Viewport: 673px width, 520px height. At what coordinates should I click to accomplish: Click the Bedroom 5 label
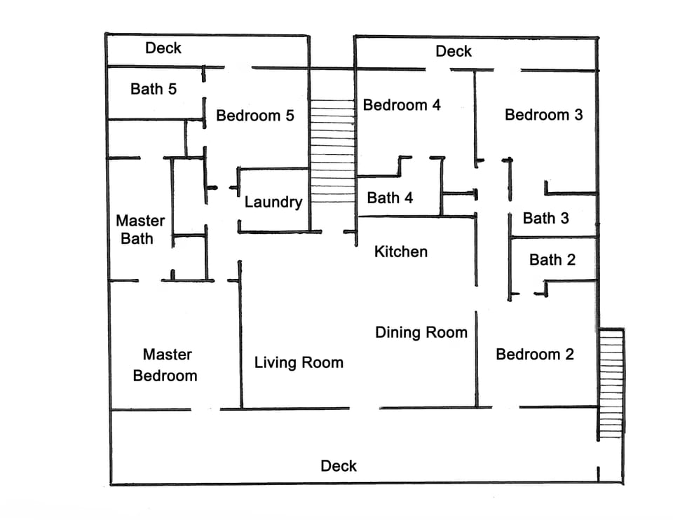coord(255,116)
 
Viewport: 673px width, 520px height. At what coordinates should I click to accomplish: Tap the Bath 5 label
coord(154,89)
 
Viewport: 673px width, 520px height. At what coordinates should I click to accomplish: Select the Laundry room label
coord(273,203)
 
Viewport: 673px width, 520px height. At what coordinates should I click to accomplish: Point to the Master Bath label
coord(140,230)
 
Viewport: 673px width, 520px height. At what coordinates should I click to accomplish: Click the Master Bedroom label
coord(166,365)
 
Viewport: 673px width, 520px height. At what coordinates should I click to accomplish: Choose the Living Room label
coord(299,362)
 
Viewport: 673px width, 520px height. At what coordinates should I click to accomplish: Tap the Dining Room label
coord(421,332)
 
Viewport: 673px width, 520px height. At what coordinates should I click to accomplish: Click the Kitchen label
coord(401,252)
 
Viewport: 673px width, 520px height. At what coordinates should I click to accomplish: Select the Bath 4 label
coord(390,198)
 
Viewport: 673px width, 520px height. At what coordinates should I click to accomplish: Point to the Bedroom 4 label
coord(402,105)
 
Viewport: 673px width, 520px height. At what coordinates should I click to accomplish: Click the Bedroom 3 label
coord(543,114)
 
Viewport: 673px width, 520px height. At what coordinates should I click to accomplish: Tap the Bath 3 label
coord(545,218)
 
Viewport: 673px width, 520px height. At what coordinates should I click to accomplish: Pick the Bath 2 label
coord(552,260)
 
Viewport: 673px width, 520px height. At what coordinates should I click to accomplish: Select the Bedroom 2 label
coord(534,355)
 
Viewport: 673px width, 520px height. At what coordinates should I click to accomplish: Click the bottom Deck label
coord(339,466)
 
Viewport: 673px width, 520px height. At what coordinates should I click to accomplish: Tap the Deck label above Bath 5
coord(163,48)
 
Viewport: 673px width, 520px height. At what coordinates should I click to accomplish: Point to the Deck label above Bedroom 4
coord(454,51)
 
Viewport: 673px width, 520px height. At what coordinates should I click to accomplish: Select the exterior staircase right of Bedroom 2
coord(612,383)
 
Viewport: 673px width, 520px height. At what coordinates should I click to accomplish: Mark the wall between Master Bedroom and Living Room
coord(240,336)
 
